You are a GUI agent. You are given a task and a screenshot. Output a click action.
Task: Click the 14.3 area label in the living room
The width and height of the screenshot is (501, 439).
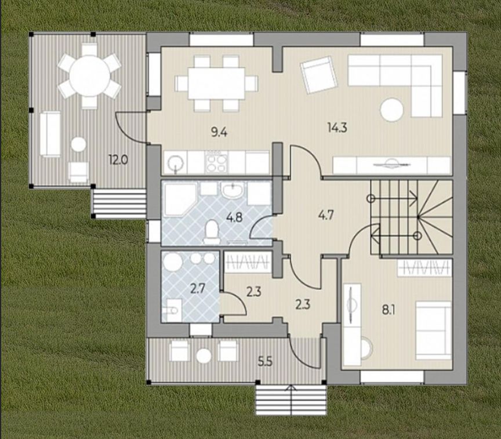point(337,128)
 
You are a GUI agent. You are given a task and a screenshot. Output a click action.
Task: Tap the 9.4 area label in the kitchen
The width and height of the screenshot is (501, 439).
point(219,132)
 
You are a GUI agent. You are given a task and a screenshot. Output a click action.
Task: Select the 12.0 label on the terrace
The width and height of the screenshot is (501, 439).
point(118,159)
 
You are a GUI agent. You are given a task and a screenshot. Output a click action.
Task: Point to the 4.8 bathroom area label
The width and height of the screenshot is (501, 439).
point(234,218)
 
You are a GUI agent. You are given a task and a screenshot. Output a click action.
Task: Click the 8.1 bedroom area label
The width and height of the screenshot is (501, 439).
point(388,310)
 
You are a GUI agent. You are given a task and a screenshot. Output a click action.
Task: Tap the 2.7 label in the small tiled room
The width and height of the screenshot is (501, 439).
point(198,289)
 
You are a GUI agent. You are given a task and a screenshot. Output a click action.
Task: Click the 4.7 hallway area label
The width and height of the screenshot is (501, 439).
point(325,215)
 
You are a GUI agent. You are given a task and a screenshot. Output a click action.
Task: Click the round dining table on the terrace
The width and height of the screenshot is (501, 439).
point(89,76)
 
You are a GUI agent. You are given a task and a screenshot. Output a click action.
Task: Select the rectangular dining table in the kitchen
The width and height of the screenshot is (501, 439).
point(216,83)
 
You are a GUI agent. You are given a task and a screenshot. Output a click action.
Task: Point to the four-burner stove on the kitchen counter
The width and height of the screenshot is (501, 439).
point(216,162)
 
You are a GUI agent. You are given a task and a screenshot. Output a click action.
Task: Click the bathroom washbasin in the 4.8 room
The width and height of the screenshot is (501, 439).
point(233,191)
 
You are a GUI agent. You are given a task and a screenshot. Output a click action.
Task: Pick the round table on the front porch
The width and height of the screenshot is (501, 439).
point(204,355)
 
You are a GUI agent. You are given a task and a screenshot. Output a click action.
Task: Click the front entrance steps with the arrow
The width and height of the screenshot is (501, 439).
point(291,400)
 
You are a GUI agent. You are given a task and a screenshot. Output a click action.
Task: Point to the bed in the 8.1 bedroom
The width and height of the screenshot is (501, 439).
point(434,330)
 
